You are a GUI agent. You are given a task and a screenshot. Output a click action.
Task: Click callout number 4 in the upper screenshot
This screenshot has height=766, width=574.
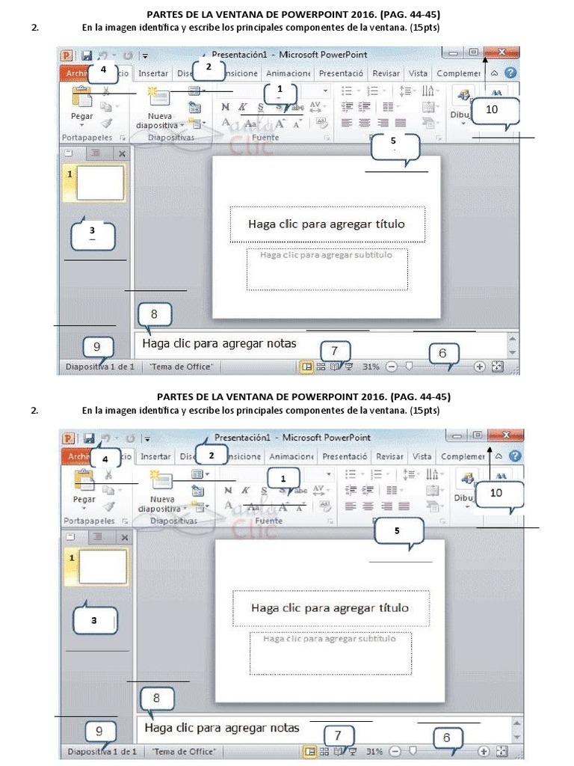tap(102, 70)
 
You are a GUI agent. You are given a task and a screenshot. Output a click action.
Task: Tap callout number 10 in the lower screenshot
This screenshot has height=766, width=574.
tap(496, 492)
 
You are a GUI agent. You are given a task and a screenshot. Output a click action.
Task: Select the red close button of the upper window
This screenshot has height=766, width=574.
tap(502, 52)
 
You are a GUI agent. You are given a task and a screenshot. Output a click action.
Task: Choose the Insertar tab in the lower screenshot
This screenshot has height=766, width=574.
tap(155, 456)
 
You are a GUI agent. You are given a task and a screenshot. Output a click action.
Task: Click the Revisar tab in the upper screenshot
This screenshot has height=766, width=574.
tap(386, 73)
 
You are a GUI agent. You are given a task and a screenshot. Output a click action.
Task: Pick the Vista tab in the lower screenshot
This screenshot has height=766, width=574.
tap(422, 456)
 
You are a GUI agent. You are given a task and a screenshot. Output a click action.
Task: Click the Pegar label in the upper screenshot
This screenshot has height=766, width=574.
tap(81, 116)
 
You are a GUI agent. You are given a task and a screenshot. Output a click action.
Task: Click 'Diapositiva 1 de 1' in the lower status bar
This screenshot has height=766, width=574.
tap(102, 751)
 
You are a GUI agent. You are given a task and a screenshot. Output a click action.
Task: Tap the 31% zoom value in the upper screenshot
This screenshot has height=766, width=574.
tap(371, 367)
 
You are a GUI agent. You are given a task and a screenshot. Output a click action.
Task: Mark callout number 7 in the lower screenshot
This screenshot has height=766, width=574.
tap(338, 735)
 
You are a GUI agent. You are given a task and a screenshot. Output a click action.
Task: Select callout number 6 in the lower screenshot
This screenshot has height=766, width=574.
tap(447, 738)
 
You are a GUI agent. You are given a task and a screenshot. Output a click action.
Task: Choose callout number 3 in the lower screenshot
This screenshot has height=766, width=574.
tap(93, 620)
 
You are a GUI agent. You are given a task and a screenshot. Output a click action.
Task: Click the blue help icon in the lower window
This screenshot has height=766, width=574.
tap(515, 456)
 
